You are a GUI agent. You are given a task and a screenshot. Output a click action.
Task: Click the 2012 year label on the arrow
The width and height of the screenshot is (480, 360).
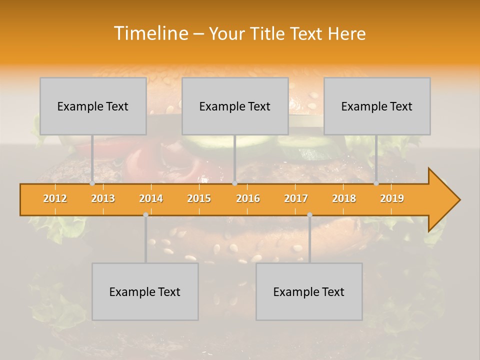(x=55, y=198)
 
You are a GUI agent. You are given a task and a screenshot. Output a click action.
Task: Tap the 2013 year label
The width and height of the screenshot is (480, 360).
(x=103, y=198)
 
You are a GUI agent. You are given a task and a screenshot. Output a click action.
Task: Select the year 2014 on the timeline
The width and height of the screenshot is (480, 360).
(x=151, y=198)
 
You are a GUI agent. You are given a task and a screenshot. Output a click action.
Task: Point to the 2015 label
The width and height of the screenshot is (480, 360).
(x=199, y=198)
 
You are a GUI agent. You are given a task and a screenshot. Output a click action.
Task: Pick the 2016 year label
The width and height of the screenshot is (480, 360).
(x=248, y=198)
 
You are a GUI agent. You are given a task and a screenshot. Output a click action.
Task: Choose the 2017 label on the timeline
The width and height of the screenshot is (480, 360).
(x=296, y=198)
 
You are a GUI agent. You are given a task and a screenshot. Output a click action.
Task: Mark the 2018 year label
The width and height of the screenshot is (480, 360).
(x=344, y=198)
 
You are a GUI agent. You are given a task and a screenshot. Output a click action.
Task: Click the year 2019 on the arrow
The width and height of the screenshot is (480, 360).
(x=392, y=198)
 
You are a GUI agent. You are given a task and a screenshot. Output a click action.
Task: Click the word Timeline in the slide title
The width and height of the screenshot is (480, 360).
(x=150, y=33)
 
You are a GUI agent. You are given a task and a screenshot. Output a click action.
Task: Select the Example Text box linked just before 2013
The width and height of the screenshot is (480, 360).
(x=93, y=106)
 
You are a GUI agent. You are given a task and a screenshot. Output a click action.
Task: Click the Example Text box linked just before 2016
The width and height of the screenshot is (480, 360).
(x=235, y=106)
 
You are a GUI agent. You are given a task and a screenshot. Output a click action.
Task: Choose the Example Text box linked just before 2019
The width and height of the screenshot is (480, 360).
(x=377, y=106)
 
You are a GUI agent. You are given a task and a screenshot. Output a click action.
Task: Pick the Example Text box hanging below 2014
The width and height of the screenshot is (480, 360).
(x=145, y=291)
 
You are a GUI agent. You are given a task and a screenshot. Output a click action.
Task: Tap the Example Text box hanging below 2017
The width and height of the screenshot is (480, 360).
(x=309, y=291)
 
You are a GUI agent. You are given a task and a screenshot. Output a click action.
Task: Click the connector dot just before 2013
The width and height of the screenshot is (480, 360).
(x=92, y=183)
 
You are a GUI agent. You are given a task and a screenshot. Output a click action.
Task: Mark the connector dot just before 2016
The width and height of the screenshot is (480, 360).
(x=234, y=183)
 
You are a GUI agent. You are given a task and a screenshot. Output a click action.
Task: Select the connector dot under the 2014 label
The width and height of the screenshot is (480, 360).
(x=145, y=215)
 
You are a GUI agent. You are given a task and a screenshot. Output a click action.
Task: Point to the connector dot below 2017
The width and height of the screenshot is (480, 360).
(x=309, y=215)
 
